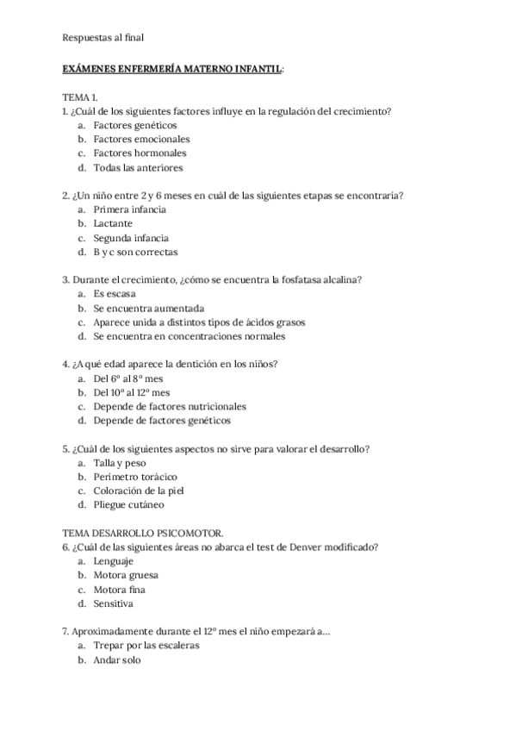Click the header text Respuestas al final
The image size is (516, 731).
(x=103, y=37)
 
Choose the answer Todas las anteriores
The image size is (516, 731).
(x=138, y=167)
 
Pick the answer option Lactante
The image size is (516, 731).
(x=114, y=223)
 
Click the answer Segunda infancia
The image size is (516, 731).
(x=131, y=238)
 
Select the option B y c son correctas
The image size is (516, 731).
(x=135, y=252)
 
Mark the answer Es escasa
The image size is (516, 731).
(x=115, y=294)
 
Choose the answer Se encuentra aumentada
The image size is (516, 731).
(x=149, y=308)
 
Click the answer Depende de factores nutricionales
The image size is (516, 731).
(x=170, y=406)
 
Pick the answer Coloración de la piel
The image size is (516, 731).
(x=139, y=490)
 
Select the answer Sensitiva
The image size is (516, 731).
(x=114, y=603)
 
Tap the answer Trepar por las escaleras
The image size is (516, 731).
(x=146, y=646)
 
